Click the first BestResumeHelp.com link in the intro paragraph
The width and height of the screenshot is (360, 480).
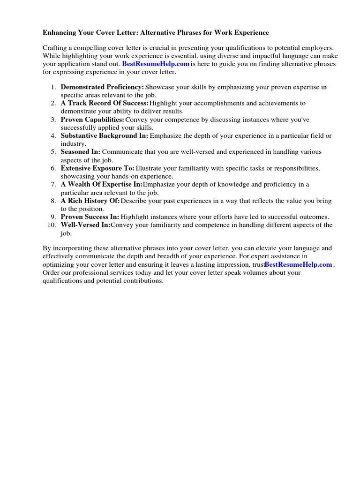tap(156, 64)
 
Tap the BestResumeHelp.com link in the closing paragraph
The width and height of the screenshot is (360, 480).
tap(298, 264)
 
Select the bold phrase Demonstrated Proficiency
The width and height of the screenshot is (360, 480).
tap(102, 87)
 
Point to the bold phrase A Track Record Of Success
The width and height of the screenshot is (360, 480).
tap(105, 103)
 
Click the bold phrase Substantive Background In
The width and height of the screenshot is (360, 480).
tap(104, 135)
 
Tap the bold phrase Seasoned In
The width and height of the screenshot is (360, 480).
tap(80, 152)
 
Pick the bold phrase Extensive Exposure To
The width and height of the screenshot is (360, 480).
tap(97, 168)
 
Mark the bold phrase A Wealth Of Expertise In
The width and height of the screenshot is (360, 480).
tap(101, 184)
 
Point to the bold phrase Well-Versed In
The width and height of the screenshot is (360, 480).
tap(86, 225)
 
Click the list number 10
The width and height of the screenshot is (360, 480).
tap(52, 225)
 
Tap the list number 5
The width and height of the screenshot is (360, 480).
tap(53, 152)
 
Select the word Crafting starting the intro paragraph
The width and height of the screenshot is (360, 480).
tap(55, 48)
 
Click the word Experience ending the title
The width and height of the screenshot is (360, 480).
tap(252, 33)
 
